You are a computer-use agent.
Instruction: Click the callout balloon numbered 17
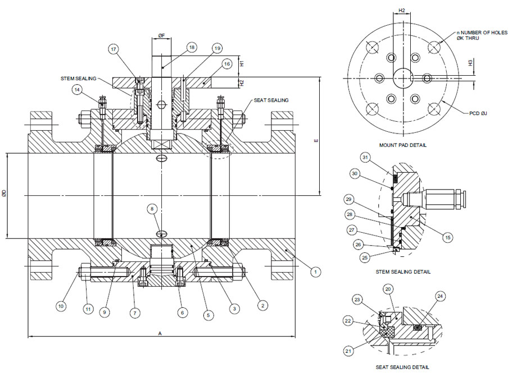click(114, 50)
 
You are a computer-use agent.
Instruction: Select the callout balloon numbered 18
click(192, 48)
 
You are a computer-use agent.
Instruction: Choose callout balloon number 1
click(316, 271)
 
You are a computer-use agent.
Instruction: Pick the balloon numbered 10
click(61, 306)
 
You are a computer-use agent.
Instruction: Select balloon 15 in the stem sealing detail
click(448, 238)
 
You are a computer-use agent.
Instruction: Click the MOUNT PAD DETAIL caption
click(402, 145)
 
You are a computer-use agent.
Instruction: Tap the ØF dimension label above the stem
click(161, 35)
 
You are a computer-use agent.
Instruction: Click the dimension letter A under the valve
click(160, 333)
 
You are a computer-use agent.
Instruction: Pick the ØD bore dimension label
click(4, 193)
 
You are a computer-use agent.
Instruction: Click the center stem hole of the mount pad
click(402, 77)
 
